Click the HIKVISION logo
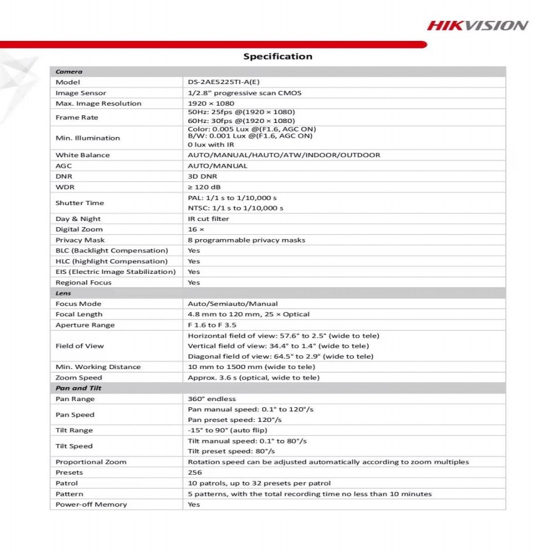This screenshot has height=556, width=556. [477, 25]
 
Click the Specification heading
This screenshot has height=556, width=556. [277, 56]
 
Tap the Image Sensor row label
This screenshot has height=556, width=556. [81, 92]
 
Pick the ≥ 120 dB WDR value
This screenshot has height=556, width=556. [203, 187]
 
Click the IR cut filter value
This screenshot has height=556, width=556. [208, 218]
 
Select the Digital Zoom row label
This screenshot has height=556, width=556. [79, 229]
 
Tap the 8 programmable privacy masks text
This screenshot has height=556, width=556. [246, 240]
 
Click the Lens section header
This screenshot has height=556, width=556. [63, 293]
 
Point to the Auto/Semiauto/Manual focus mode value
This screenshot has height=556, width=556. [232, 304]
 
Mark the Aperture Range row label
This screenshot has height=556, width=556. [85, 325]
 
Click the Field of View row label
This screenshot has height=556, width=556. [80, 345]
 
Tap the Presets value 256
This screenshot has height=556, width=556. [195, 473]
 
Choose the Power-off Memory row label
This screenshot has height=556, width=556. [91, 504]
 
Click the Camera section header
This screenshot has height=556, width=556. [69, 72]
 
